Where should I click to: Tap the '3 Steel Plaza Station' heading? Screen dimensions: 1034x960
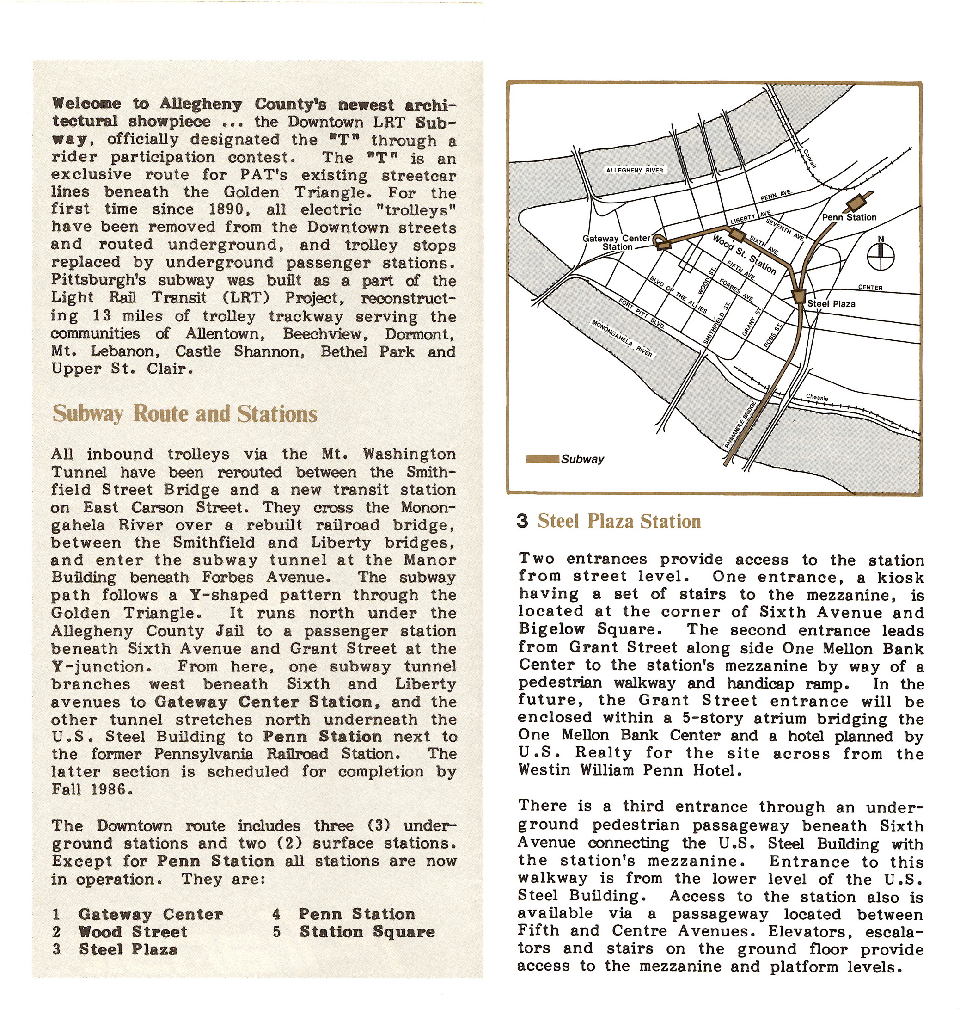609,521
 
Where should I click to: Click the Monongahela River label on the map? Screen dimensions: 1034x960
622,338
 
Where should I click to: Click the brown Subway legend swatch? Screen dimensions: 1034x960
542,459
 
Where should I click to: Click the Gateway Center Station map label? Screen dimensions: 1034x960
617,242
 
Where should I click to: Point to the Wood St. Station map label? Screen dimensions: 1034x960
744,254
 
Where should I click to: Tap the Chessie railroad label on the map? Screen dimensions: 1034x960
817,398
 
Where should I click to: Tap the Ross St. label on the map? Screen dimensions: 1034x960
772,336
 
